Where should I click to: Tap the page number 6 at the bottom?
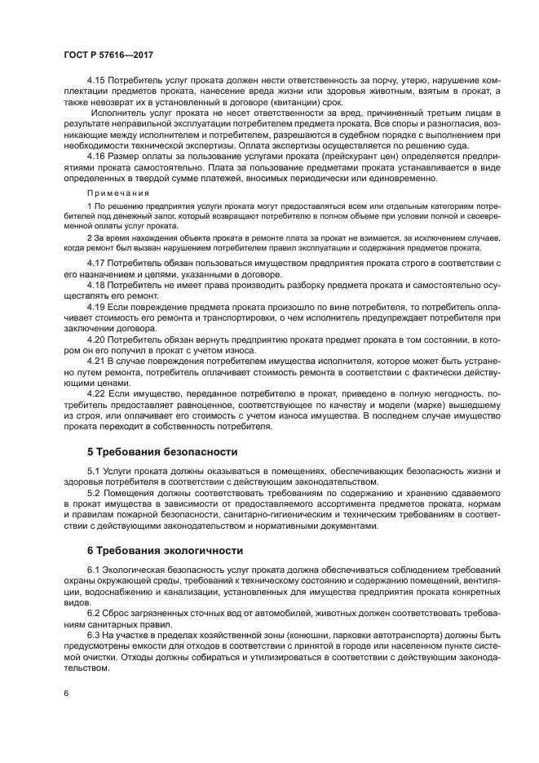[x=66, y=692]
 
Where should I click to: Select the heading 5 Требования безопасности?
[x=162, y=451]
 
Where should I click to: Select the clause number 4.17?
[x=97, y=263]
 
